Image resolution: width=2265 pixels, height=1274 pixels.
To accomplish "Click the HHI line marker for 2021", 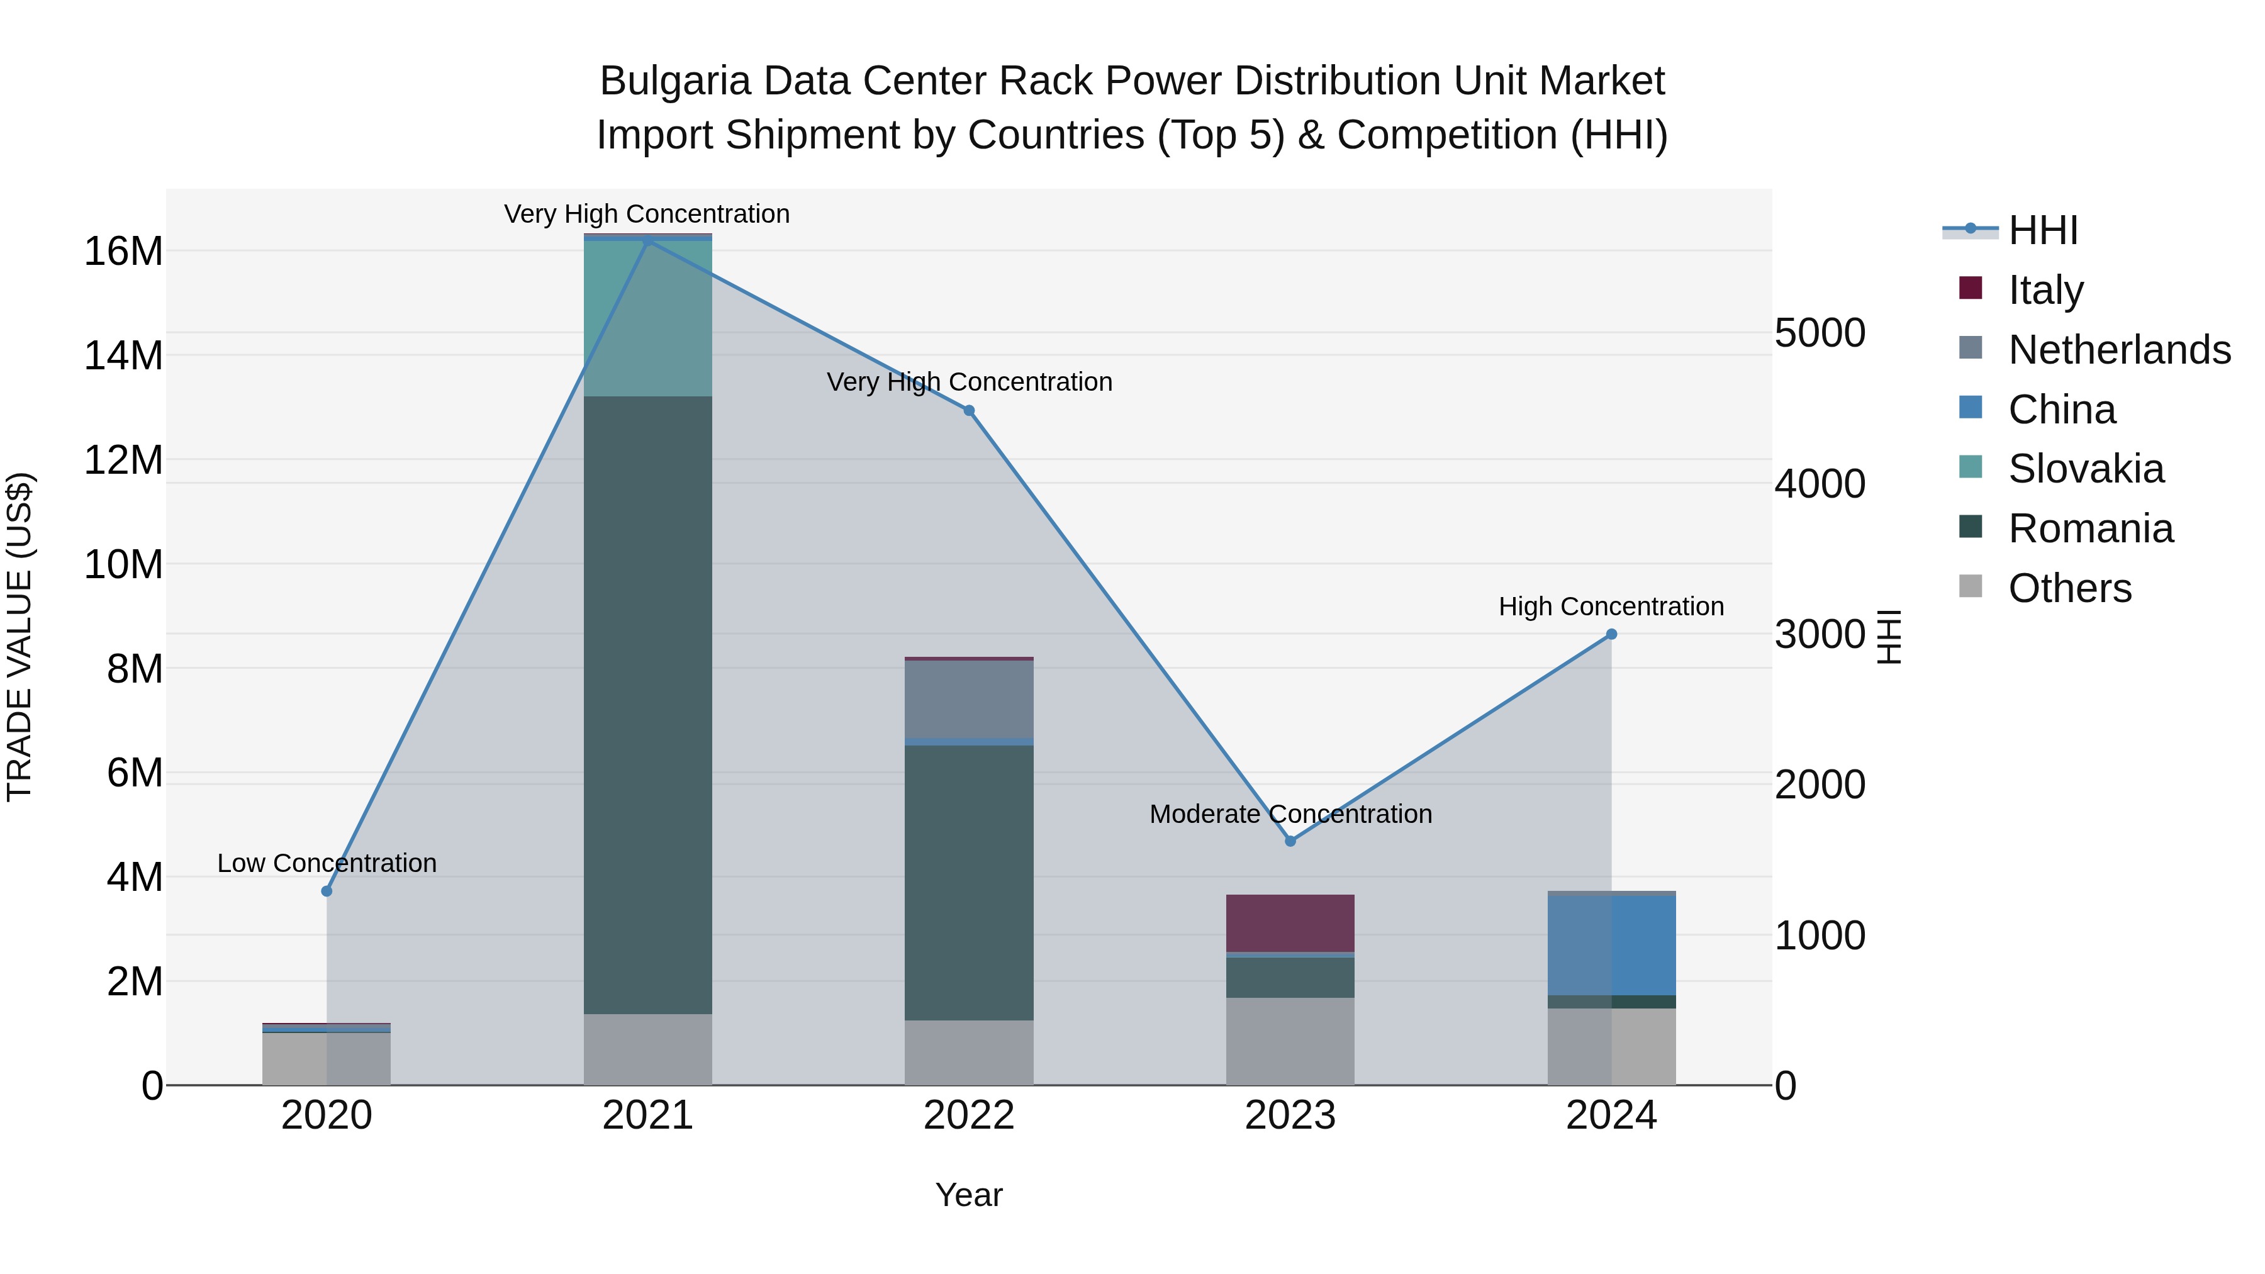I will (x=648, y=241).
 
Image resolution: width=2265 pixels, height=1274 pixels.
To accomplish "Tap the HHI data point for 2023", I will (x=1290, y=841).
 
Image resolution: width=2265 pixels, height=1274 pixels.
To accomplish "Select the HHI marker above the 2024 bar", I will (x=1611, y=634).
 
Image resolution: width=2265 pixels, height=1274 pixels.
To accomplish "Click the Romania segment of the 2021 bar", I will (x=648, y=703).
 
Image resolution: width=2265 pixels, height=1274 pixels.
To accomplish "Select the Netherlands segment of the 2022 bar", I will (x=969, y=699).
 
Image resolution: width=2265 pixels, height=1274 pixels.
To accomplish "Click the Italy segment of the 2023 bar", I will (x=1290, y=922).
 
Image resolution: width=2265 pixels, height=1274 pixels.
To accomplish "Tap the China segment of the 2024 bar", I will (x=1611, y=944).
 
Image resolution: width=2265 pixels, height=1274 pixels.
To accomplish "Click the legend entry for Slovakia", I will (x=2085, y=469).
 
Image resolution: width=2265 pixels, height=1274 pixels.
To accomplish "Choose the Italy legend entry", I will (x=2045, y=290).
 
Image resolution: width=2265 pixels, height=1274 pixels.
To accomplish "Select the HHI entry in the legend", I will (x=2042, y=230).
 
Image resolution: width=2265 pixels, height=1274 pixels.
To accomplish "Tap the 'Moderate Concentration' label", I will (x=1290, y=814).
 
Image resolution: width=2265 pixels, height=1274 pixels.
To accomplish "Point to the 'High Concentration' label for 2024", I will (x=1611, y=606).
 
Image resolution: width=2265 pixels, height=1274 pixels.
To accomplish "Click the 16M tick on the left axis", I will (x=123, y=252).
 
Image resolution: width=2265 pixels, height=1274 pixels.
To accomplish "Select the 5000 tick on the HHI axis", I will (x=1819, y=333).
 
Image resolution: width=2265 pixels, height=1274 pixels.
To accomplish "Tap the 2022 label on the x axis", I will (x=969, y=1115).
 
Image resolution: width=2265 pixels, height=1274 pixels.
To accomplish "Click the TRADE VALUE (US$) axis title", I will (x=20, y=637).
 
